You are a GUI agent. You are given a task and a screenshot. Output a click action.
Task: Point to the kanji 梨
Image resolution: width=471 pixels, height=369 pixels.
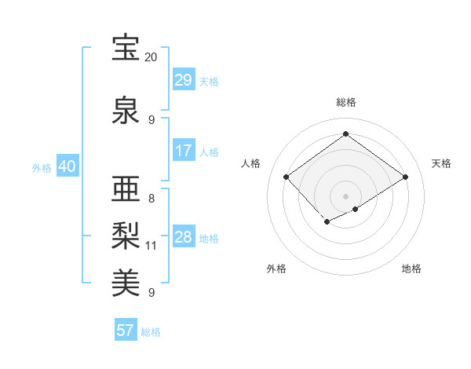(126, 235)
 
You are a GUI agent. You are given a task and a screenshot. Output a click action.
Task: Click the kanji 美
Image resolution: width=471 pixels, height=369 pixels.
(126, 281)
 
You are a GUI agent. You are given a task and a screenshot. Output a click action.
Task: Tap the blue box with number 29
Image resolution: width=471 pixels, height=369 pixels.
(183, 80)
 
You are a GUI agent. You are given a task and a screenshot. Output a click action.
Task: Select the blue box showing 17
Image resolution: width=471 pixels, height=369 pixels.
(183, 151)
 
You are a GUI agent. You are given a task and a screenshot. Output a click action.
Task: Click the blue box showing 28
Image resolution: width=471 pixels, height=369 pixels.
(183, 237)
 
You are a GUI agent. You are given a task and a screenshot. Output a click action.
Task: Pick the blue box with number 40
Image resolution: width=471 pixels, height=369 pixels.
(67, 167)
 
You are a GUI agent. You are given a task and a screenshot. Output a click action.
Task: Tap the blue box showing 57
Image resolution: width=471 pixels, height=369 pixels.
(126, 331)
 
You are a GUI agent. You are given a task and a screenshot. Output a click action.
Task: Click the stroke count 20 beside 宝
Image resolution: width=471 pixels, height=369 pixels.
(151, 58)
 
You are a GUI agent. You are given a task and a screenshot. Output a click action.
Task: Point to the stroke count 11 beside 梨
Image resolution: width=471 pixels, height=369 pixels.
(152, 246)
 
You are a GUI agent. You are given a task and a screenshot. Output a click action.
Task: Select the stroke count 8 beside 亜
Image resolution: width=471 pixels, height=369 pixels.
(152, 199)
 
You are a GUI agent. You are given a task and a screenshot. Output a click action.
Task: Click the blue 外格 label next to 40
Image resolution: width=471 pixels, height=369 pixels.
(42, 168)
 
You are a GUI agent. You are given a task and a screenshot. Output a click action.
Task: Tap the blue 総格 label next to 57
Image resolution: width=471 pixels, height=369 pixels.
(151, 331)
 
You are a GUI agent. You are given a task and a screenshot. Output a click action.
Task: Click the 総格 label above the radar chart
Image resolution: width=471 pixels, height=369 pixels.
(345, 102)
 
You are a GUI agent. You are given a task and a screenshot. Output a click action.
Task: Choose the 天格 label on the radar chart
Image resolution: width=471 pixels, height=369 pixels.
(441, 163)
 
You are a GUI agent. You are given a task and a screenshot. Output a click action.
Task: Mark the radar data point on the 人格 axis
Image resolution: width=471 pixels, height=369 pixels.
(287, 177)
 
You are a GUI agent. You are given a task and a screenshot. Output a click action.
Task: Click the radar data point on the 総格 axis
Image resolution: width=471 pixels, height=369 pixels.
(345, 133)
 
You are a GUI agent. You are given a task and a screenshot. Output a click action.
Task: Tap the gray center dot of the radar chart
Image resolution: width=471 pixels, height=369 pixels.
(345, 195)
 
